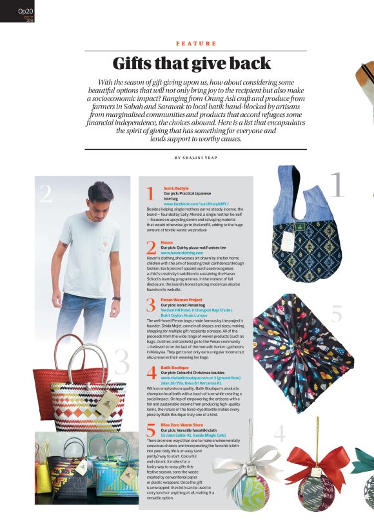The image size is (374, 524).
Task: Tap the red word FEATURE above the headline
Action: pyautogui.click(x=195, y=43)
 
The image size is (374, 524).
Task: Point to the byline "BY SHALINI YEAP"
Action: pyautogui.click(x=195, y=158)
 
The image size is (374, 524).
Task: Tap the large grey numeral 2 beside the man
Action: pyautogui.click(x=45, y=193)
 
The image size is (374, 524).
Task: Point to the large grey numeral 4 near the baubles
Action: pyautogui.click(x=279, y=435)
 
